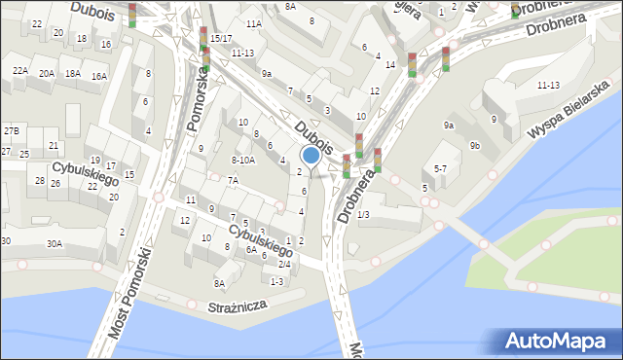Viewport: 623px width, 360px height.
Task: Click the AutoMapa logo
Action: click(x=557, y=341)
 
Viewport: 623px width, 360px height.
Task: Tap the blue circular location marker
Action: click(x=311, y=155)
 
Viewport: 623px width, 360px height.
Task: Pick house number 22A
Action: click(x=19, y=71)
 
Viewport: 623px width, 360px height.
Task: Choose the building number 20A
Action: click(x=46, y=73)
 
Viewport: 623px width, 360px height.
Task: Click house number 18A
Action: click(x=72, y=73)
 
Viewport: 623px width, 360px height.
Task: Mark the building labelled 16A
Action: click(x=98, y=76)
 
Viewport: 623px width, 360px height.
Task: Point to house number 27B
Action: click(x=11, y=130)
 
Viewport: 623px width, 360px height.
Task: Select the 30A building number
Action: click(x=54, y=244)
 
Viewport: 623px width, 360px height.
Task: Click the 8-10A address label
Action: click(x=243, y=160)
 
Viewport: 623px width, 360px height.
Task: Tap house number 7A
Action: click(x=233, y=180)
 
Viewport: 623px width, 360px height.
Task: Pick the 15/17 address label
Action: click(x=221, y=38)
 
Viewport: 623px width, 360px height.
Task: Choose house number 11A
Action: click(x=254, y=23)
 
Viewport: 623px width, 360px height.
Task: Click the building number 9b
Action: click(x=474, y=145)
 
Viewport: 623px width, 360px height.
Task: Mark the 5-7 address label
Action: click(x=440, y=168)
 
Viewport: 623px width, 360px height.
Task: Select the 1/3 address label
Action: click(x=363, y=214)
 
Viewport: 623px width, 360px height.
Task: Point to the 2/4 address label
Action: click(x=284, y=264)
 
